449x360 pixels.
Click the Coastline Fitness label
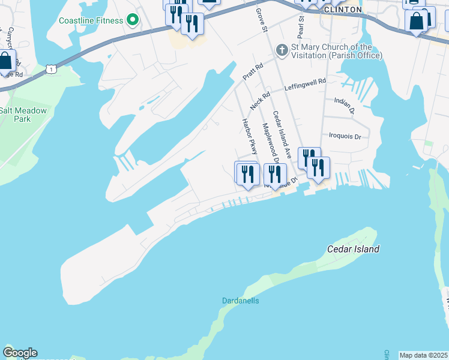coord(91,20)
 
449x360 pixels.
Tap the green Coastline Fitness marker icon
coord(133,20)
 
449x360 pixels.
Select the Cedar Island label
coord(353,249)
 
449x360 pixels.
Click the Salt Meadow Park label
coord(23,115)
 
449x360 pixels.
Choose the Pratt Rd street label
coord(253,73)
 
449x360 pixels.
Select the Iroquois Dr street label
coord(345,136)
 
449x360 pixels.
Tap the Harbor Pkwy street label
coord(249,136)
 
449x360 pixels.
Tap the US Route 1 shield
coord(52,70)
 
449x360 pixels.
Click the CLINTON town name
coord(342,10)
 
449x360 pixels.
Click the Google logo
coord(20,353)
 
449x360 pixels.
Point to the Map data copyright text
coord(423,355)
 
